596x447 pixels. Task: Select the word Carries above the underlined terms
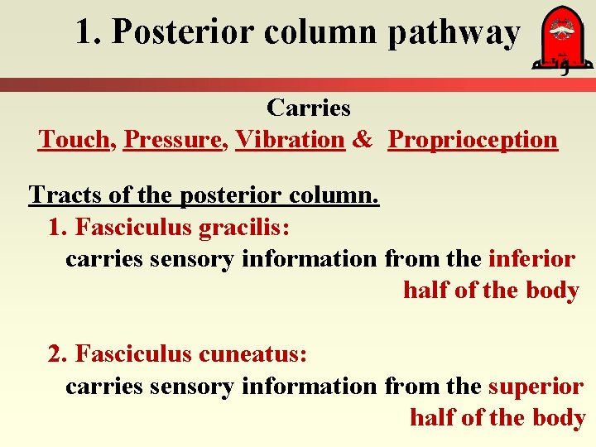pyautogui.click(x=309, y=108)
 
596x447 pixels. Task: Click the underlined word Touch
pyautogui.click(x=73, y=140)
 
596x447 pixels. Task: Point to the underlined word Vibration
pyautogui.click(x=290, y=140)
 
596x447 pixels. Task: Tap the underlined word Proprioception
pyautogui.click(x=473, y=140)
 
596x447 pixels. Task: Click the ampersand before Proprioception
pyautogui.click(x=362, y=140)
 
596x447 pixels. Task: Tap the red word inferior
pyautogui.click(x=531, y=259)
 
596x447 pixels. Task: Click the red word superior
pyautogui.click(x=536, y=387)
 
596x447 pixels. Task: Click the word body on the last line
pyautogui.click(x=559, y=418)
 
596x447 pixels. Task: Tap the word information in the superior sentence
pyautogui.click(x=308, y=387)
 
